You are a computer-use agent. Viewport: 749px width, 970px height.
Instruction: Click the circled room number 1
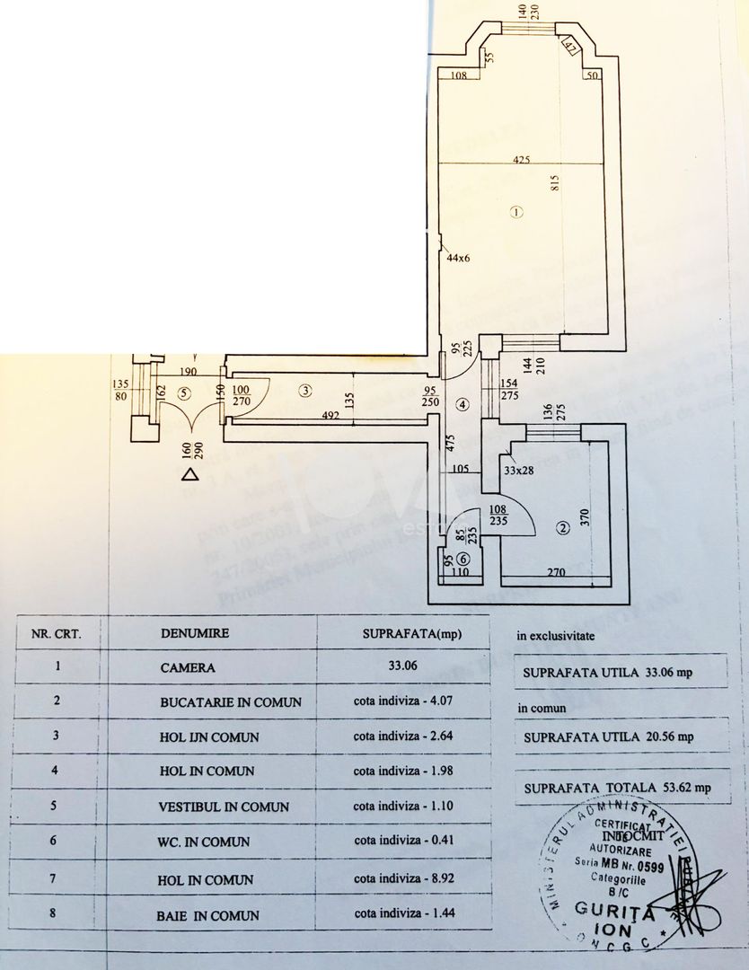[x=515, y=213]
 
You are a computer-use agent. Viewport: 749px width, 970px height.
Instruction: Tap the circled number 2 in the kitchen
[x=563, y=528]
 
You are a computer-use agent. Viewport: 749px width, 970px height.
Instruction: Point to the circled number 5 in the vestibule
[x=184, y=392]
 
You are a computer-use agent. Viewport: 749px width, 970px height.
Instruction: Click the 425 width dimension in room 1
[x=522, y=160]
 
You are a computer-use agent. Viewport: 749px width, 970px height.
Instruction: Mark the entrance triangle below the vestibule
[x=189, y=475]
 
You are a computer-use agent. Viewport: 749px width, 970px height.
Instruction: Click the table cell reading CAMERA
[x=188, y=667]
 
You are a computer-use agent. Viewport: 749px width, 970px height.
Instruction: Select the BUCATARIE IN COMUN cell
[x=231, y=701]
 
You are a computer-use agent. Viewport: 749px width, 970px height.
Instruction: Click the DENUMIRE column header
[x=195, y=632]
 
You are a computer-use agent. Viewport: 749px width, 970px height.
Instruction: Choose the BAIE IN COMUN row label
[x=209, y=915]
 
